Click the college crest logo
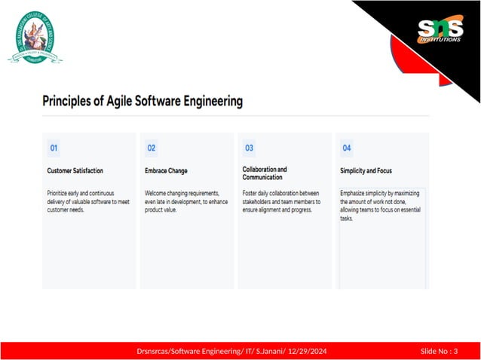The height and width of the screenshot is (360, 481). click(35, 38)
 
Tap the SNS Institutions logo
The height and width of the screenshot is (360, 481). click(440, 32)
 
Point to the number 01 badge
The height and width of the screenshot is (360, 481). click(54, 148)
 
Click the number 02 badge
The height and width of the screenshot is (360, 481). click(152, 148)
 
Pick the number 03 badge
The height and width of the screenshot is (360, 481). click(249, 148)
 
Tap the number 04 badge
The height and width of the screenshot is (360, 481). click(347, 148)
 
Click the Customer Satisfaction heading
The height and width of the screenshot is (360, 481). click(75, 171)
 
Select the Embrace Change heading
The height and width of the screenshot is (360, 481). click(166, 171)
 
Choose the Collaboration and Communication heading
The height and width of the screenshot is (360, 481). click(265, 173)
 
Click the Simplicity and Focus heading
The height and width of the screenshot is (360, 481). click(366, 171)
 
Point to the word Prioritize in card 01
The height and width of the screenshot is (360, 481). click(60, 193)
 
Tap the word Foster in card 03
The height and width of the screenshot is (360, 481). click(251, 193)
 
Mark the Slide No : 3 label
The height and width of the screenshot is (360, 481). click(439, 351)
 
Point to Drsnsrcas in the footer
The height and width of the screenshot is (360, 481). click(155, 351)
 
